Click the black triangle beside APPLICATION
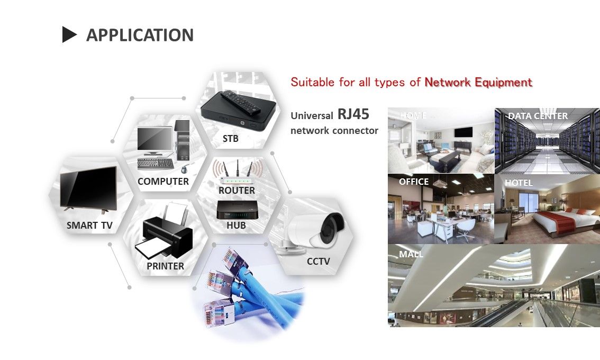(69, 35)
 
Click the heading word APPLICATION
(140, 35)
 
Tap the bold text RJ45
(353, 114)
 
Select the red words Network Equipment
(478, 82)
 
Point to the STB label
(230, 139)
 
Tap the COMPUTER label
(163, 181)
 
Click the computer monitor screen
(154, 138)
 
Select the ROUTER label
(237, 190)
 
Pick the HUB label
(236, 226)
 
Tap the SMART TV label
(89, 226)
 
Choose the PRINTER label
(165, 266)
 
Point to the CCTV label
(318, 261)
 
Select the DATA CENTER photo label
(538, 116)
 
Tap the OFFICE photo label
(414, 182)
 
